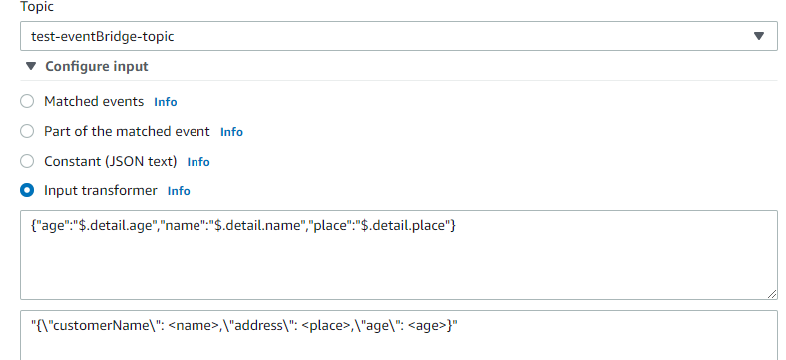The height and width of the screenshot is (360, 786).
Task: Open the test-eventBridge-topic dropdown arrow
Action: point(759,36)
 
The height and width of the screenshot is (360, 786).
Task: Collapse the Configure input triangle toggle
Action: point(30,67)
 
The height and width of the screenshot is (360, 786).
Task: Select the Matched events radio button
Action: point(27,101)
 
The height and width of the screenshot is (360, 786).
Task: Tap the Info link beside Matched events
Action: point(165,102)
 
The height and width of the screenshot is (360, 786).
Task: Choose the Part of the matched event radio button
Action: point(27,131)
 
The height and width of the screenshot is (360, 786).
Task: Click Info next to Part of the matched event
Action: point(231,132)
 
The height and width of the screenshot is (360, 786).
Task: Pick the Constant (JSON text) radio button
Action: point(27,161)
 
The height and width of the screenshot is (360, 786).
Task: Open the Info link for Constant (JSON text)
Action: point(198,162)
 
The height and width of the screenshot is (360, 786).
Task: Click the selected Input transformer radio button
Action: point(27,190)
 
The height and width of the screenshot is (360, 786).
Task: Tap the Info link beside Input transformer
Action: point(179,191)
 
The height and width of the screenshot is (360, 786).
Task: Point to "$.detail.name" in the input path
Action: point(258,226)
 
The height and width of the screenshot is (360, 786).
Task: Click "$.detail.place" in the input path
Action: point(405,226)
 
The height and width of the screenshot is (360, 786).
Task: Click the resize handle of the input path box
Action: point(772,293)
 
